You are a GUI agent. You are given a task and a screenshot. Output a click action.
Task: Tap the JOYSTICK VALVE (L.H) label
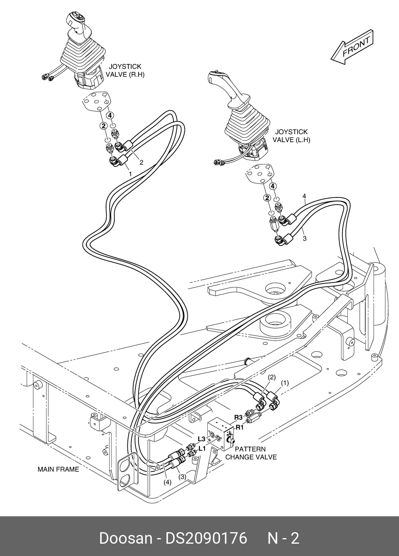291,136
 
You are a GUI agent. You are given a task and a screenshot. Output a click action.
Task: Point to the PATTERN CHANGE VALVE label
251,453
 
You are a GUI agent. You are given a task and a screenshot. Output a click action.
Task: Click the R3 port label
239,417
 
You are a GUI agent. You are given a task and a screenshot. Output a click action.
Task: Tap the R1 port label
239,427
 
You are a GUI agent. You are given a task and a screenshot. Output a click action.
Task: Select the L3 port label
202,439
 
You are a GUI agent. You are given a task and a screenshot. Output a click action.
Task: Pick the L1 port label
202,448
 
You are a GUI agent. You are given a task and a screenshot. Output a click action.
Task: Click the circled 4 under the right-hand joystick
110,116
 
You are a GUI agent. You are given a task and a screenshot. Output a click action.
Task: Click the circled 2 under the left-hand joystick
267,198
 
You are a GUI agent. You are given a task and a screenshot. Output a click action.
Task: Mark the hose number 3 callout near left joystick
305,239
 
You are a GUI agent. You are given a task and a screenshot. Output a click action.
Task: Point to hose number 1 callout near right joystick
130,174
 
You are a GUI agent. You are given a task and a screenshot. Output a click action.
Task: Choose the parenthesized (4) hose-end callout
168,482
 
